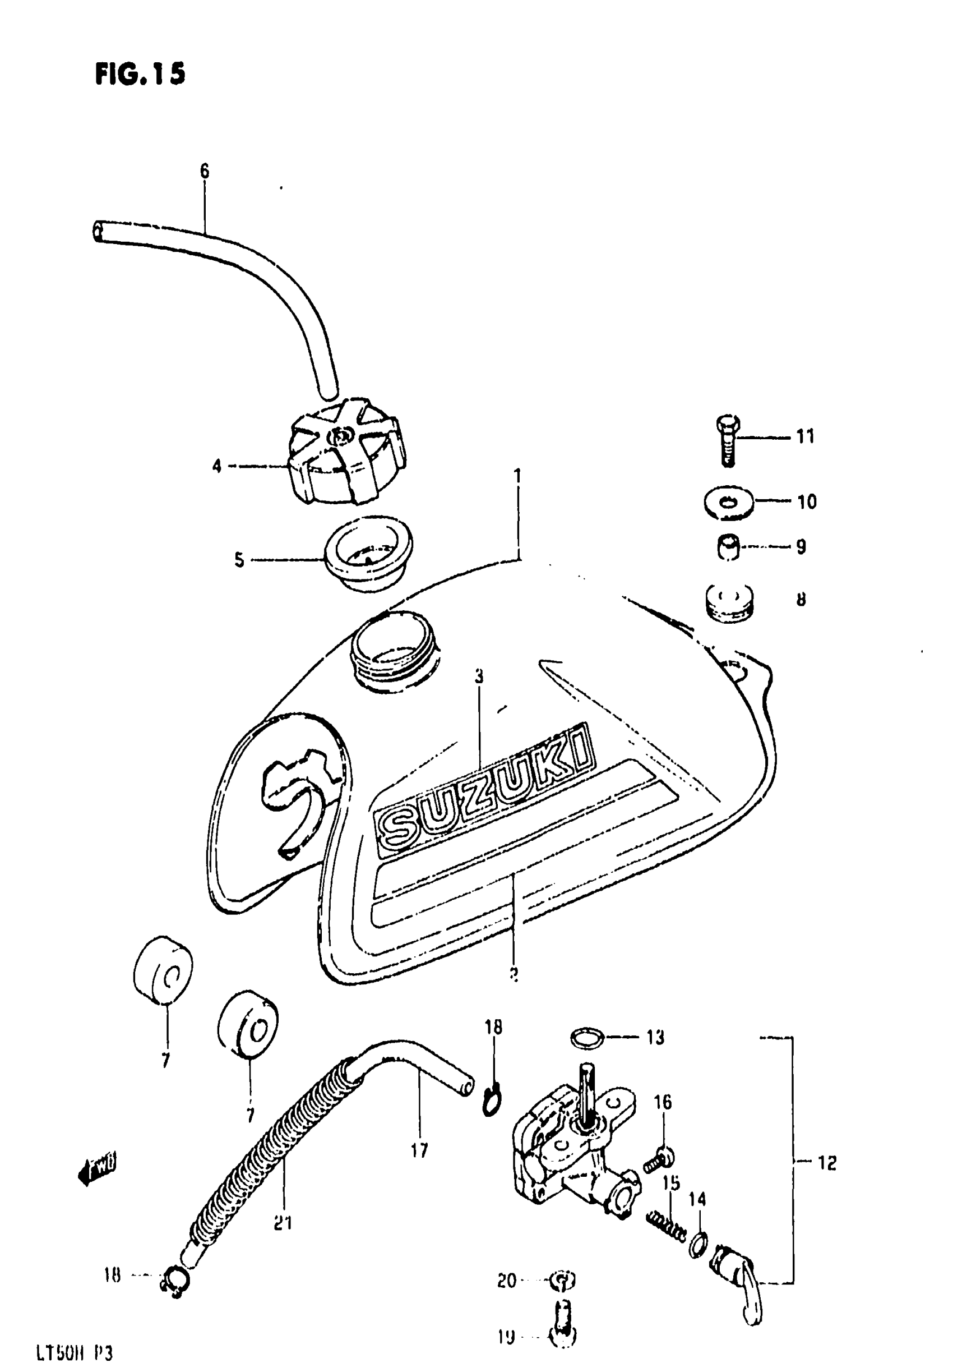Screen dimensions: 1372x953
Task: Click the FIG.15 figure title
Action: point(140,74)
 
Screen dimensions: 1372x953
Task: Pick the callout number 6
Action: point(204,172)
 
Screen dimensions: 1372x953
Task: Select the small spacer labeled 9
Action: point(728,546)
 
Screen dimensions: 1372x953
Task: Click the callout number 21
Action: point(283,1223)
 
